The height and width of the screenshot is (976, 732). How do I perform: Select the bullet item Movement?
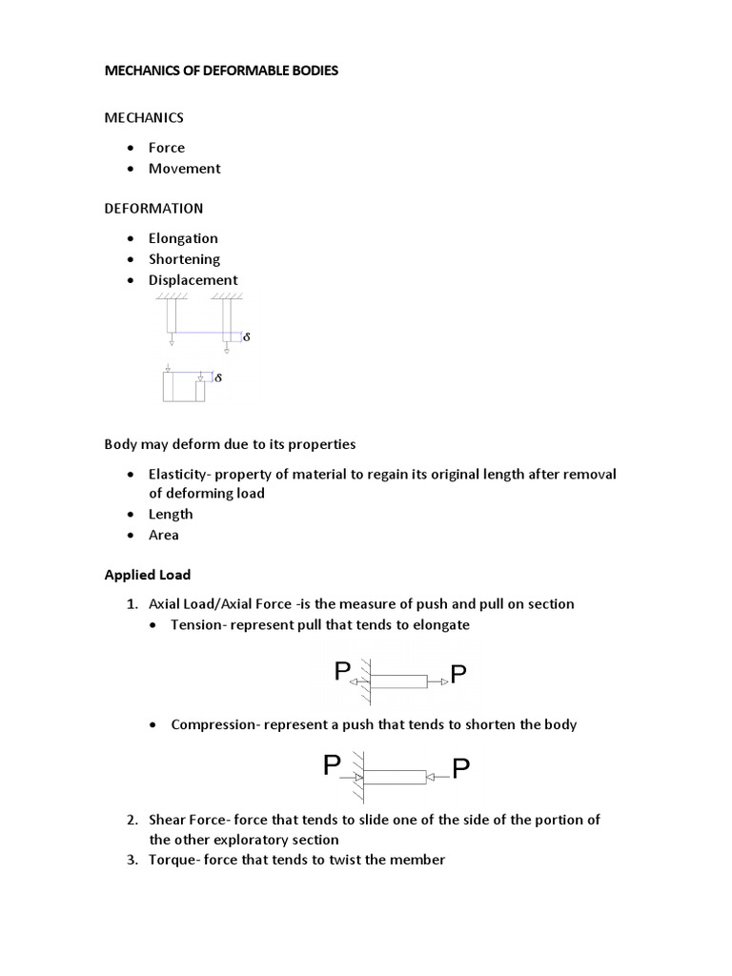(x=184, y=169)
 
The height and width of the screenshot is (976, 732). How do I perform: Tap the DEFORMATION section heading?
(x=152, y=208)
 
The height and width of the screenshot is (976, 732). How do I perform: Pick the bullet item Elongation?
(x=183, y=238)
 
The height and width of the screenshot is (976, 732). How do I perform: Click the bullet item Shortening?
(x=184, y=259)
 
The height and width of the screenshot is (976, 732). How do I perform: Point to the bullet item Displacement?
(x=193, y=280)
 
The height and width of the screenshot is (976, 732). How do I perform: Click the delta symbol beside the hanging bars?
(x=247, y=337)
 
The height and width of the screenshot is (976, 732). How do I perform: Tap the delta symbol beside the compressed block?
(x=218, y=378)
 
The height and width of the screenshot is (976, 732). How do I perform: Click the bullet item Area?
(x=163, y=536)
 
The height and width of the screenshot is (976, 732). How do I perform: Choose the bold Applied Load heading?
(x=147, y=575)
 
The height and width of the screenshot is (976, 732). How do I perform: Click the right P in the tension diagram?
(x=458, y=676)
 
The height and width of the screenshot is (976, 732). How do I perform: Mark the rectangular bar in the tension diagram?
(x=397, y=681)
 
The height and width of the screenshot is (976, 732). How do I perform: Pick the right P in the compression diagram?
(x=461, y=769)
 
